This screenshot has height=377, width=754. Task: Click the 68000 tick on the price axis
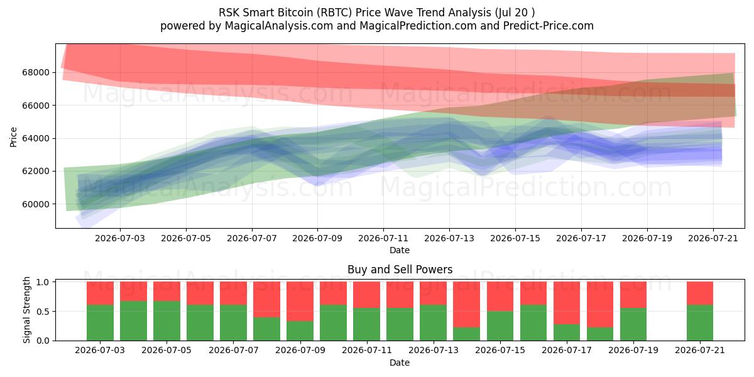tap(36, 72)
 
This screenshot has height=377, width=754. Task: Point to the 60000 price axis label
tap(36, 204)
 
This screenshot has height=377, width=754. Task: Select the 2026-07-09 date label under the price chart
tap(317, 238)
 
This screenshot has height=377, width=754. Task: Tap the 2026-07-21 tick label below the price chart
tap(713, 238)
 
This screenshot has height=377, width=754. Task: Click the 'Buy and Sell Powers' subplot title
tap(400, 270)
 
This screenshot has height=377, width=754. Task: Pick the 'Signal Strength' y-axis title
tap(26, 310)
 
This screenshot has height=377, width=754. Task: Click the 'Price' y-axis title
tap(13, 137)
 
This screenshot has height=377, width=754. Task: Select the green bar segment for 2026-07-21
tap(700, 322)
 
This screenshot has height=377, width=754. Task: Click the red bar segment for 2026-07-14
tap(466, 304)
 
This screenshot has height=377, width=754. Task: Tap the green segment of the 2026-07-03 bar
tap(100, 322)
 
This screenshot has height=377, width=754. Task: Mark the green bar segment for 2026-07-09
tap(300, 331)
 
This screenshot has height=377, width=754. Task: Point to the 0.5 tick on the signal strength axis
tap(43, 312)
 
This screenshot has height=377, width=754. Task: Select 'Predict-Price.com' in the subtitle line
tap(549, 26)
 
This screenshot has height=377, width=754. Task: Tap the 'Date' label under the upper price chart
tap(400, 250)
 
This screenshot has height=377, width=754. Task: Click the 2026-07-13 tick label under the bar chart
tap(434, 350)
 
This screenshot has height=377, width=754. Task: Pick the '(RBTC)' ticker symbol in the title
tap(334, 13)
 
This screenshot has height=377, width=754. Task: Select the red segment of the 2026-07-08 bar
tap(266, 299)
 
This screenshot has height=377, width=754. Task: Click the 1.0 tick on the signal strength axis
tap(43, 281)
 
